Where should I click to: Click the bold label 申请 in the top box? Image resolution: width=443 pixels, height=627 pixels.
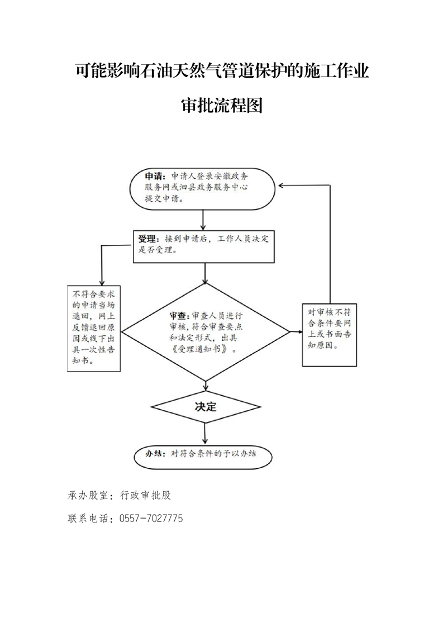click(154, 177)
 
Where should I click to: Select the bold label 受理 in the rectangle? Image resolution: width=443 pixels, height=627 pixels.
click(147, 239)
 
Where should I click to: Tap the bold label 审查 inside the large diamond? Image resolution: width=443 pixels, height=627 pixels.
click(178, 315)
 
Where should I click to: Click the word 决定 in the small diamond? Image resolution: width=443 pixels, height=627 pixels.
click(206, 407)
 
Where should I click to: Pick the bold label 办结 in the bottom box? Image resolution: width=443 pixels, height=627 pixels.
click(154, 453)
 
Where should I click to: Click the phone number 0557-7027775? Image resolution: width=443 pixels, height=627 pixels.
click(151, 519)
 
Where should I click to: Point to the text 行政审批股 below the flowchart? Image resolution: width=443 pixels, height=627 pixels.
click(146, 496)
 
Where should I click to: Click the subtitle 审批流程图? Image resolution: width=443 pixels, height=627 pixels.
click(221, 105)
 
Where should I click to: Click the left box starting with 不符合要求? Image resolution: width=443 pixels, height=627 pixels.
click(94, 328)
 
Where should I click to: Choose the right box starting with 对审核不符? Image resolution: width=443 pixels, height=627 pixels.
click(329, 335)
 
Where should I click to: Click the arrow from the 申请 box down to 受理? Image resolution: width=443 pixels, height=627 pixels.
click(203, 220)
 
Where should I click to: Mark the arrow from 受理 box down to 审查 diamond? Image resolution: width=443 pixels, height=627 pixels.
click(205, 273)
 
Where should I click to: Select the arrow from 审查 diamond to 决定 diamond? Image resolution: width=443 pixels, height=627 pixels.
click(206, 386)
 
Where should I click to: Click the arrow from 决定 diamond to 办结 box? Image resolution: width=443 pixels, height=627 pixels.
click(205, 434)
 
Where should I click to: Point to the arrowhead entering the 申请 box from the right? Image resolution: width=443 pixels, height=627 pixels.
click(281, 186)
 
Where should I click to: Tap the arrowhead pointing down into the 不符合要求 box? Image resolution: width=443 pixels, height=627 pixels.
click(102, 282)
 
